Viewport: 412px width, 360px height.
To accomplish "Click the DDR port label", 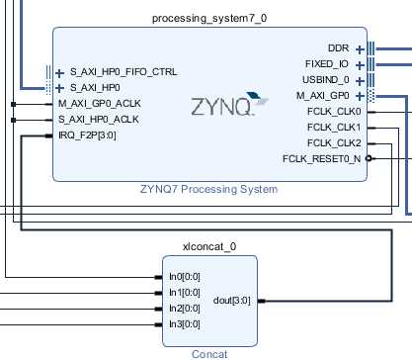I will point(338,48).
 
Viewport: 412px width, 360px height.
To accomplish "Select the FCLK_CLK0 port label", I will point(334,112).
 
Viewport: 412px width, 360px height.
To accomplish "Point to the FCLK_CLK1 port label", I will point(334,128).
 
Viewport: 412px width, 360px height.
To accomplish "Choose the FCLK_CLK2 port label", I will point(334,143).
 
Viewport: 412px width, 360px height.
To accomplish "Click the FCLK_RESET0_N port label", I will point(321,158).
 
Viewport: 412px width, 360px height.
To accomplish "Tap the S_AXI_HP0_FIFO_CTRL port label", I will point(124,72).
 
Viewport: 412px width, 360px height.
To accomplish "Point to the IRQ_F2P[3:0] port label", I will point(90,135).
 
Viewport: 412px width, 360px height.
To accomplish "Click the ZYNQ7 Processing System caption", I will point(208,189).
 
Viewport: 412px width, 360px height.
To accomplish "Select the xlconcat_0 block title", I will point(209,245).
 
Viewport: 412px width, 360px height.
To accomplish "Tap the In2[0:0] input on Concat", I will point(184,309).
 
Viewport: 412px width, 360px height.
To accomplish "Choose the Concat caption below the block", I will point(209,352).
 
